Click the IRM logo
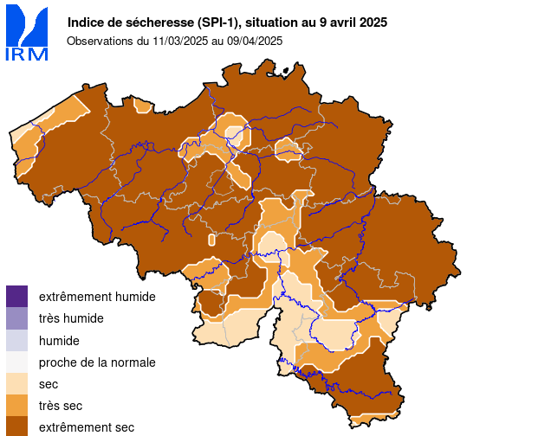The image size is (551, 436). point(26,34)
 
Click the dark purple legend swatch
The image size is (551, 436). point(16,296)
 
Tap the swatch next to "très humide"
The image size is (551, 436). point(16,317)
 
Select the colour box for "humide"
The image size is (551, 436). point(16,340)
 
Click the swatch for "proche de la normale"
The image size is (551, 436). point(16,362)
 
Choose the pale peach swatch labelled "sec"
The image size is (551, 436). point(16,383)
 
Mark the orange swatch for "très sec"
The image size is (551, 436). point(16,405)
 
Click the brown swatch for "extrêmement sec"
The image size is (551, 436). point(16,426)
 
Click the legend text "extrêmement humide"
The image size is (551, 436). point(97,297)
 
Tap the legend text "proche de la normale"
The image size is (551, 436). point(97,362)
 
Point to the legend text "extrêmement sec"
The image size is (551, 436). point(87,427)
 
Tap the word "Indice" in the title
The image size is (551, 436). point(85,22)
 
